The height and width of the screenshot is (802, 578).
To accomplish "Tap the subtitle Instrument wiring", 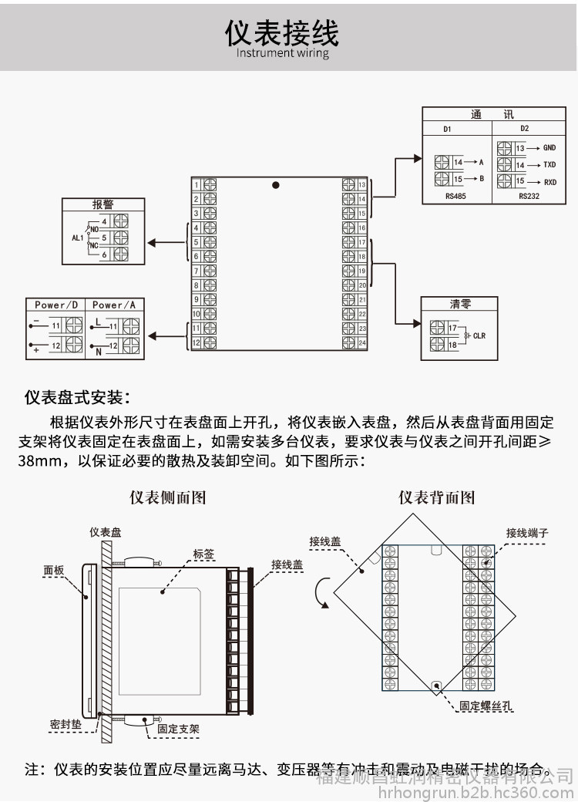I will point(282,53).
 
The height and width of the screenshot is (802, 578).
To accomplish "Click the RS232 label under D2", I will point(529,197).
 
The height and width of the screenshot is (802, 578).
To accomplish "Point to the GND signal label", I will point(549,147).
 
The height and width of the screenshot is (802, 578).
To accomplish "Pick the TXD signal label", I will point(549,165).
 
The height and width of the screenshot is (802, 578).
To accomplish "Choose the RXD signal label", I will point(549,183).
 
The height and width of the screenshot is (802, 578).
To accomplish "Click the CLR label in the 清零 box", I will point(479,336).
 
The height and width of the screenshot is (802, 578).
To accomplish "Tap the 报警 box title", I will point(102,205).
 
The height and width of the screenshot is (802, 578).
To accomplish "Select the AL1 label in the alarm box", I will point(77,238).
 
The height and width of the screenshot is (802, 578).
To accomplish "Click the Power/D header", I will point(56,305).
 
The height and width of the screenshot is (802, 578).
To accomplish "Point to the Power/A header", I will point(113,305).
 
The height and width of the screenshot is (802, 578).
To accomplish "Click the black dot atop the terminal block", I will point(275,185).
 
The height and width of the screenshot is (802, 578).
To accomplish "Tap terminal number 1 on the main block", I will point(197,185).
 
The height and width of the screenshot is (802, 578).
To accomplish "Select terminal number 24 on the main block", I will point(361,342).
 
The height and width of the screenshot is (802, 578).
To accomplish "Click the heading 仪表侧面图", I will point(166,498).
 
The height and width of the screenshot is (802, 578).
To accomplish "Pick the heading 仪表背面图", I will point(435,498).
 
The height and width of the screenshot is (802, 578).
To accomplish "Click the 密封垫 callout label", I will point(64,725).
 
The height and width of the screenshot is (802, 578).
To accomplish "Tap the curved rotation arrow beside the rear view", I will point(322,593).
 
